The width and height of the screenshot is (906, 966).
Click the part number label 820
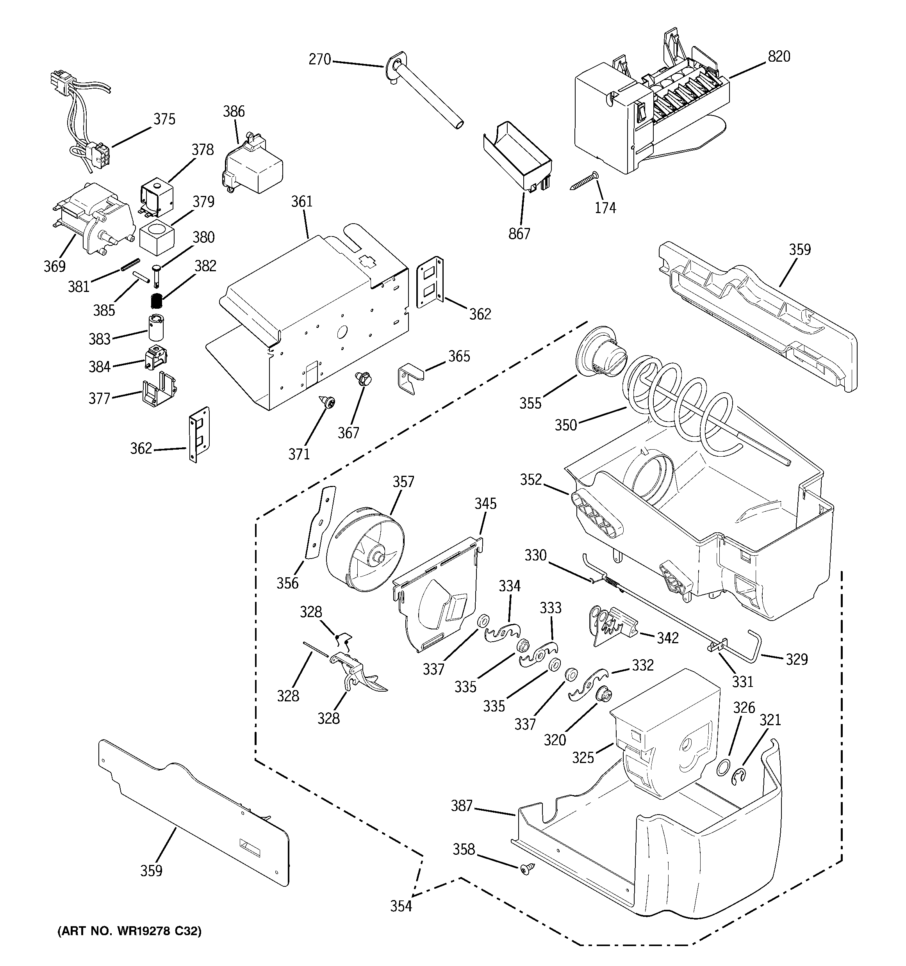(x=779, y=57)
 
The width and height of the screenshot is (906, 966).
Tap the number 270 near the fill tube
(x=319, y=60)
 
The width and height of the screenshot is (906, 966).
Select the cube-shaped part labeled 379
(x=157, y=238)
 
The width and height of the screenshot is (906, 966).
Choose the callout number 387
(x=461, y=806)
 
